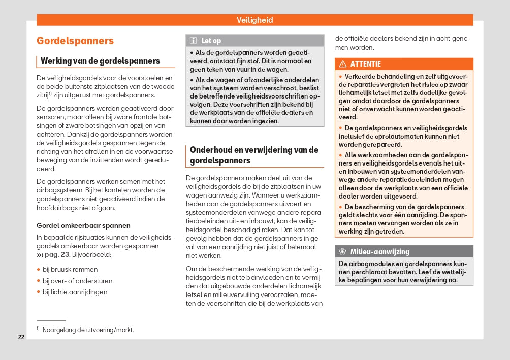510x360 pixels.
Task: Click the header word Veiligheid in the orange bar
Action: coord(254,20)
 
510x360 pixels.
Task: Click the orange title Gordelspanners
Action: coord(75,41)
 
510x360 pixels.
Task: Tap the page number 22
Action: coord(21,337)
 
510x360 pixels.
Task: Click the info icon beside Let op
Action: coord(193,41)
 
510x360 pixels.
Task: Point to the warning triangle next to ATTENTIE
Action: coord(343,64)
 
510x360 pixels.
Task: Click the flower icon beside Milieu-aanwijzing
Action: coord(342,252)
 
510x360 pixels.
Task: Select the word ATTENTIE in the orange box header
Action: coord(365,64)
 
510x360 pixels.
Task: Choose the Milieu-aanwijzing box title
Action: coord(379,252)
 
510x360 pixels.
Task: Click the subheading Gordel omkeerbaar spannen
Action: coord(83,225)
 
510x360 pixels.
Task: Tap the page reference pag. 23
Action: coord(57,254)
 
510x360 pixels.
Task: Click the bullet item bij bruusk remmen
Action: coord(70,269)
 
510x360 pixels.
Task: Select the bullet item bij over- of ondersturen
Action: coord(77,281)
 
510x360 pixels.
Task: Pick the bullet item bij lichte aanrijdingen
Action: coord(75,292)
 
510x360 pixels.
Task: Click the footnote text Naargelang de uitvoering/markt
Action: coord(88,330)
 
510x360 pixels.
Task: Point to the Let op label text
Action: coord(211,41)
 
